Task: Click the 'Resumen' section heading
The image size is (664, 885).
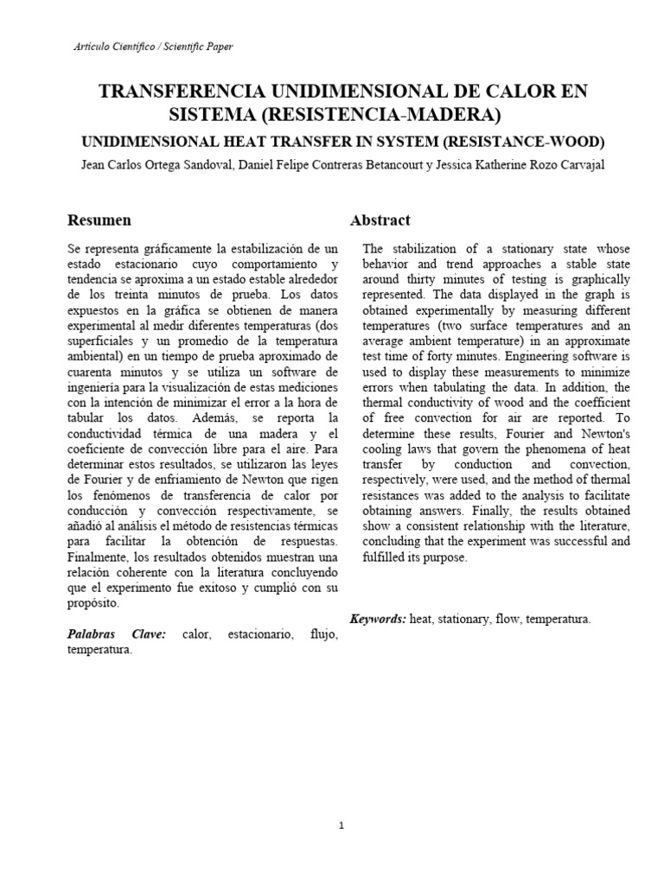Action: click(x=99, y=220)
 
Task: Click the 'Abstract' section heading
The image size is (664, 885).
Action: click(x=380, y=220)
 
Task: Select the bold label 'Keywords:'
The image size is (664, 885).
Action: click(x=378, y=619)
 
